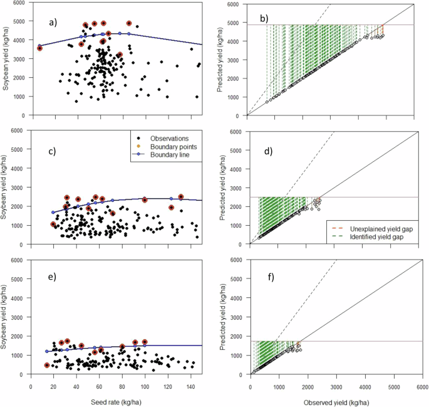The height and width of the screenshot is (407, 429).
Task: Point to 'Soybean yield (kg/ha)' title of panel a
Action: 6,60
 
